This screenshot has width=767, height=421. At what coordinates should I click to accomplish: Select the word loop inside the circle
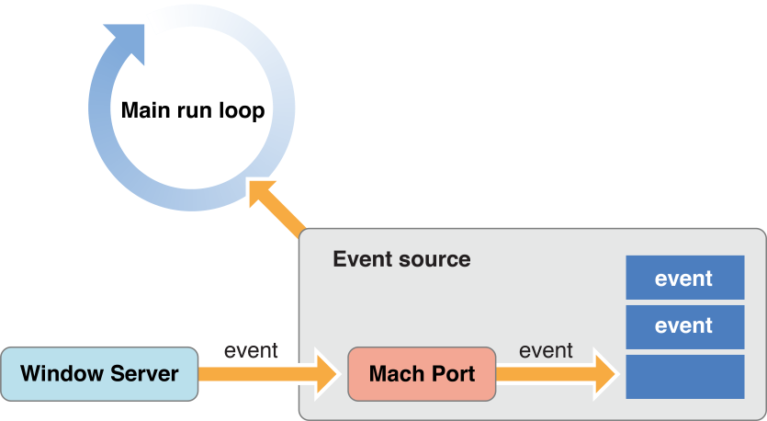pyautogui.click(x=242, y=111)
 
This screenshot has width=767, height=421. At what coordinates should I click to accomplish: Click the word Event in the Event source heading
pyautogui.click(x=361, y=259)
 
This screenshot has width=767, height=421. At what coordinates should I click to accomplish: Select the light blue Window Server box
pyautogui.click(x=99, y=374)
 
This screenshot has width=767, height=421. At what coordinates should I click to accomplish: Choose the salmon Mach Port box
pyautogui.click(x=422, y=374)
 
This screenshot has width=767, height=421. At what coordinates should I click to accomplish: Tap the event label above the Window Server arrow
pyautogui.click(x=251, y=350)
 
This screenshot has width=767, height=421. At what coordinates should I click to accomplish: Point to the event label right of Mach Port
pyautogui.click(x=546, y=350)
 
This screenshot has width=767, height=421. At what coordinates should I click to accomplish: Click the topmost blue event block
pyautogui.click(x=684, y=278)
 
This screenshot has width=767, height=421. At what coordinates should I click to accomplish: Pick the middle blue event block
pyautogui.click(x=684, y=326)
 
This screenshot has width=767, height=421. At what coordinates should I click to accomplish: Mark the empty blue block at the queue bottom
pyautogui.click(x=684, y=377)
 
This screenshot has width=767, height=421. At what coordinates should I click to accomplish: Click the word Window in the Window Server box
pyautogui.click(x=62, y=374)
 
